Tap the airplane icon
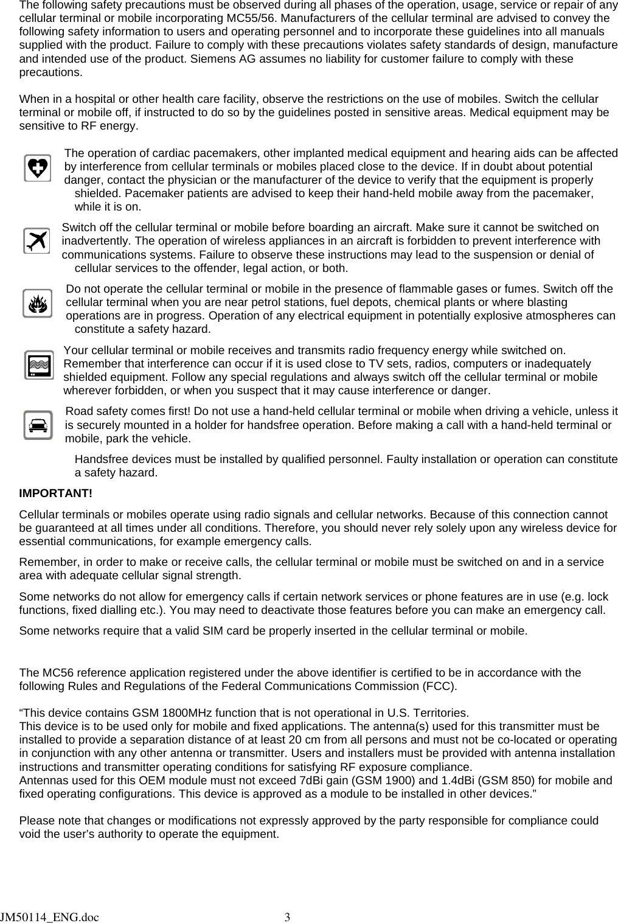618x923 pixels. point(36,241)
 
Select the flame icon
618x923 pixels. point(37,303)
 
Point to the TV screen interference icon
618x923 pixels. point(39,365)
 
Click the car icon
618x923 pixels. point(38,425)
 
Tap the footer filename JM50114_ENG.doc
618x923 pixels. point(49,916)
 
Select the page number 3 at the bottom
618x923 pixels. point(288,916)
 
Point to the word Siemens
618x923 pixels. point(210,59)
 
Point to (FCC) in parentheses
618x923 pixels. point(438,686)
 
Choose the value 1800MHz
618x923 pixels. point(188,713)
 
